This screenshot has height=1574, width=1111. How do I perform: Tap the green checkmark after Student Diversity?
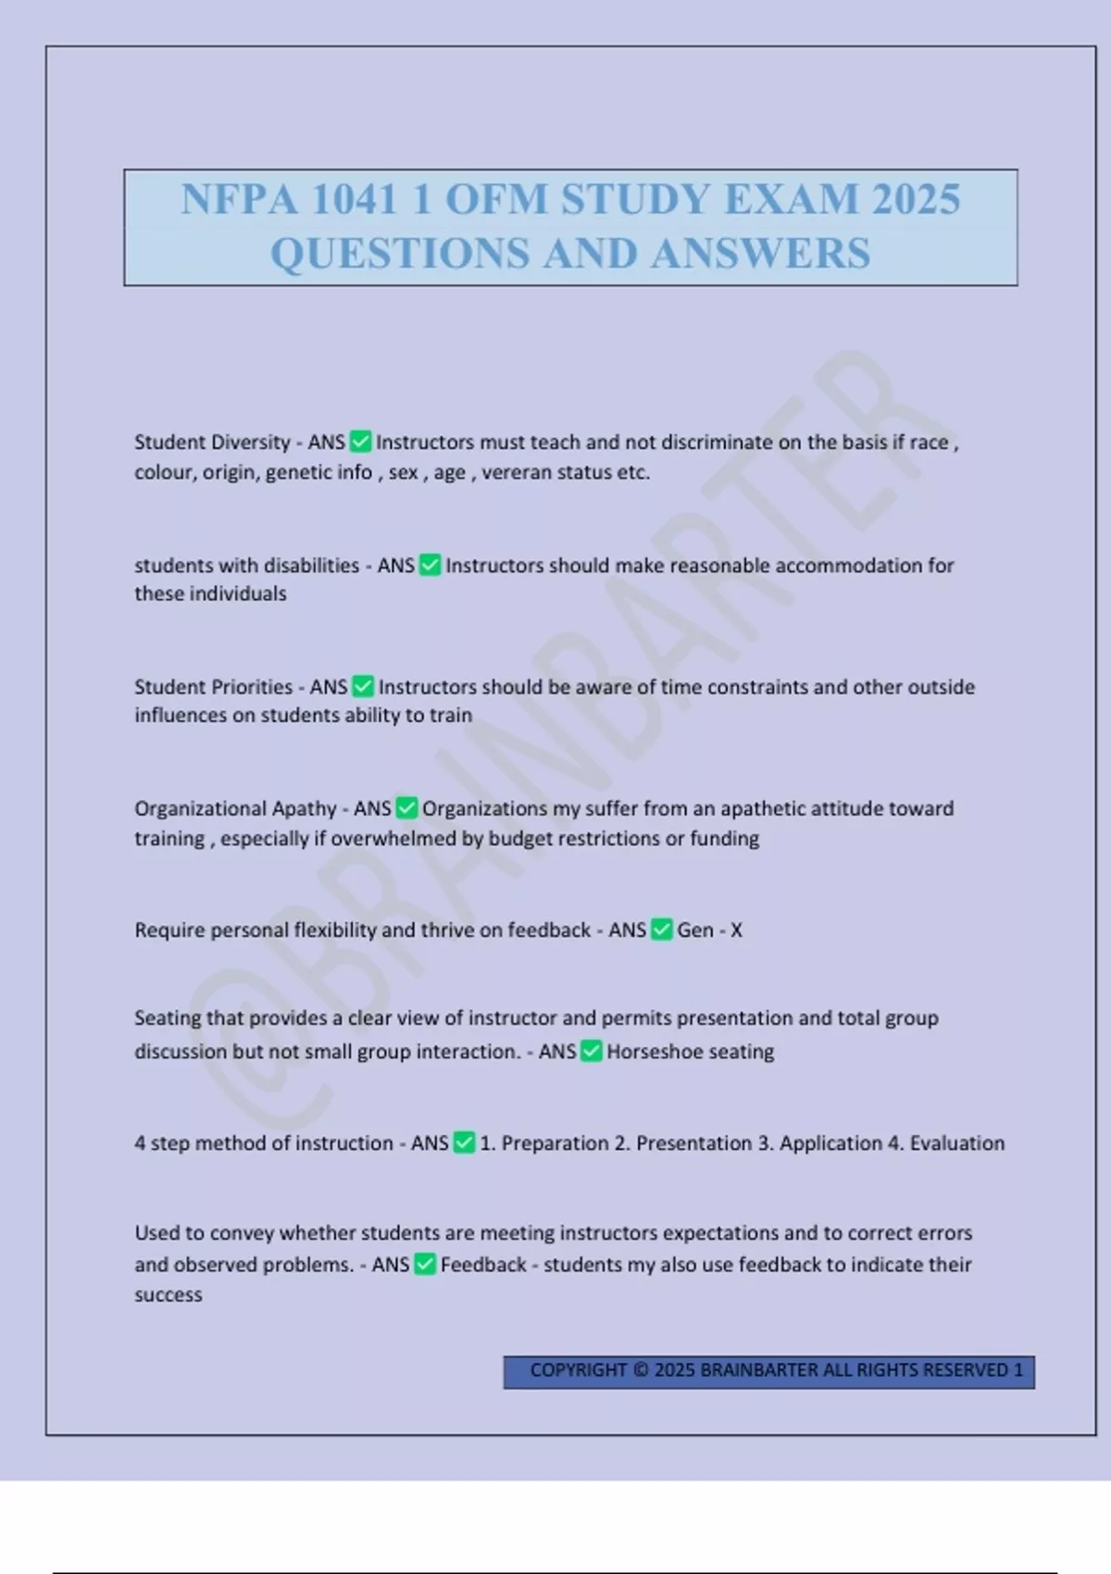pyautogui.click(x=361, y=442)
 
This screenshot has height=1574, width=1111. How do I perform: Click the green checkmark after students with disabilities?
pyautogui.click(x=431, y=565)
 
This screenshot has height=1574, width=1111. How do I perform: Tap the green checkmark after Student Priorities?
pyautogui.click(x=363, y=686)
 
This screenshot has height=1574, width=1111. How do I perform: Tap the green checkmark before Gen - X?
pyautogui.click(x=662, y=930)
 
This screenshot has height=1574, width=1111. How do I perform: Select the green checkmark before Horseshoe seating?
pyautogui.click(x=592, y=1051)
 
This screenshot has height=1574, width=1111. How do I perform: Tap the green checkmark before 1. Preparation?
pyautogui.click(x=465, y=1143)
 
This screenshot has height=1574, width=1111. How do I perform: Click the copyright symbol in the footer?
pyautogui.click(x=641, y=1370)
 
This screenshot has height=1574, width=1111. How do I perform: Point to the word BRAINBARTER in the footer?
pyautogui.click(x=759, y=1370)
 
